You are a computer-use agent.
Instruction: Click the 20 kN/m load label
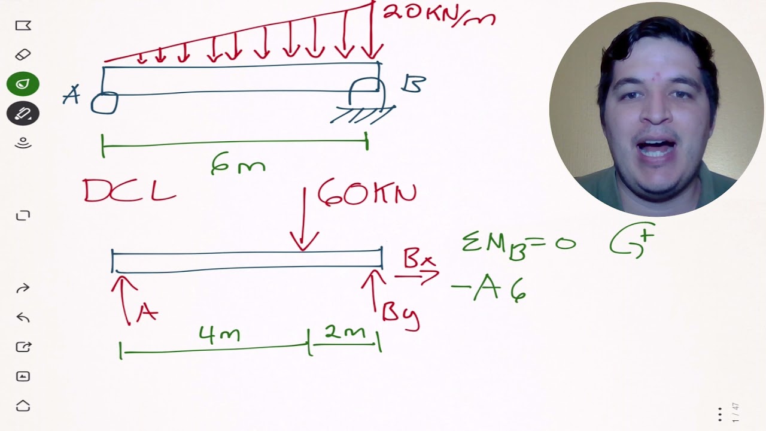click(x=439, y=16)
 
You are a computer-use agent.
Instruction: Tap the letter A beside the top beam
click(x=71, y=95)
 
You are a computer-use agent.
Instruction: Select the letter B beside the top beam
click(x=414, y=84)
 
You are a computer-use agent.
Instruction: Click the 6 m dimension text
click(x=238, y=164)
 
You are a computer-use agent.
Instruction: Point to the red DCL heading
click(x=130, y=190)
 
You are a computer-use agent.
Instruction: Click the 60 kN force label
click(x=367, y=193)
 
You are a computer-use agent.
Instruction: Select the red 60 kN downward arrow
click(x=303, y=219)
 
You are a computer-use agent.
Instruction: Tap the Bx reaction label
click(x=420, y=258)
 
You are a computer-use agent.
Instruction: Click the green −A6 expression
click(x=489, y=289)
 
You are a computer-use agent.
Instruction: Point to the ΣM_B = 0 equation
click(x=519, y=245)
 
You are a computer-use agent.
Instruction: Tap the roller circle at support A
click(x=104, y=102)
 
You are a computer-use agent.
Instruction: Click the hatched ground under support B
click(x=363, y=115)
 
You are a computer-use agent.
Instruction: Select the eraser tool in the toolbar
click(x=23, y=54)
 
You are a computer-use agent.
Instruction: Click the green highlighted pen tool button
click(x=23, y=84)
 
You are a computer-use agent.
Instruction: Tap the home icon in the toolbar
click(x=23, y=406)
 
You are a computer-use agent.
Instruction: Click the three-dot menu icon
click(x=720, y=414)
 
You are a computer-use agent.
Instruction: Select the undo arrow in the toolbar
click(x=23, y=318)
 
